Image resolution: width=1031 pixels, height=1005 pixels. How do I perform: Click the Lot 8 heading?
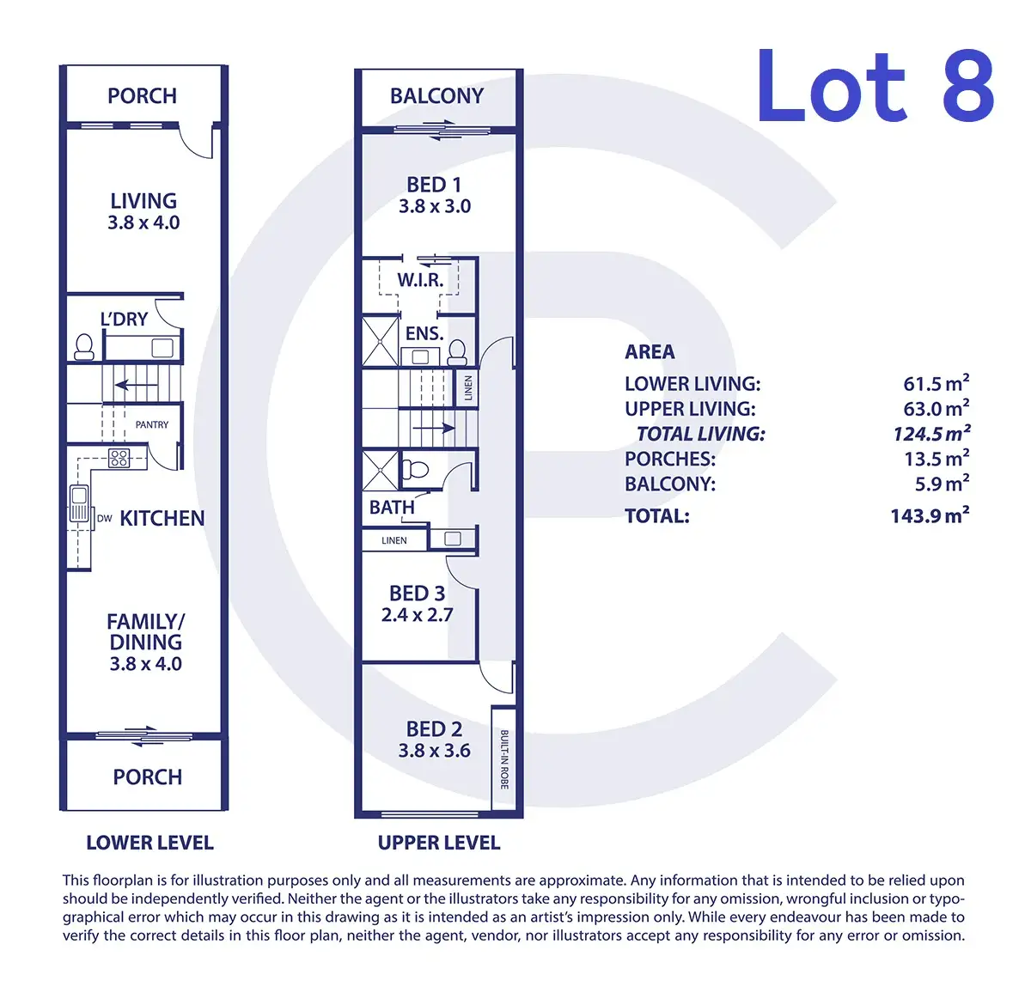[x=875, y=87]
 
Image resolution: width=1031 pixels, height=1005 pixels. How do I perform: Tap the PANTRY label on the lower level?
[x=151, y=424]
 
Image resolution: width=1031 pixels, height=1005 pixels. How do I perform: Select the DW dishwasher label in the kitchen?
[x=104, y=518]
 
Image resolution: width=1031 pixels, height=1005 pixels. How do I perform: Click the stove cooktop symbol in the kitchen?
[x=119, y=458]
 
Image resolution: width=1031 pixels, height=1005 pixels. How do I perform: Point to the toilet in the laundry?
[x=84, y=347]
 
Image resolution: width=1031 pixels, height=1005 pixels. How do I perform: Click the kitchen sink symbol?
[x=79, y=504]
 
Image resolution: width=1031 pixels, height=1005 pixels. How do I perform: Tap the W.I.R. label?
[x=420, y=280]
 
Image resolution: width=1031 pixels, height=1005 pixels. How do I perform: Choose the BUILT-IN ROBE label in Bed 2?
[x=503, y=759]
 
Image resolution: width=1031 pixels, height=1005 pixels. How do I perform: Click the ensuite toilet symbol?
[x=457, y=352]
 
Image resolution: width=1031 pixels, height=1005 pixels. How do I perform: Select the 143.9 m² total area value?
[x=930, y=515]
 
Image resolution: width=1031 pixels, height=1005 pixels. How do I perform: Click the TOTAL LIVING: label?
[x=700, y=434]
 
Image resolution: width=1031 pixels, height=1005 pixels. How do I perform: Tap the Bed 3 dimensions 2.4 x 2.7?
[x=417, y=614]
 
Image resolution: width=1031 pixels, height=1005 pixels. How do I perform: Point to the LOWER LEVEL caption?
[x=150, y=843]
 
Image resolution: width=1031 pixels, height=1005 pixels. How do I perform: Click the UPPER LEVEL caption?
[x=439, y=843]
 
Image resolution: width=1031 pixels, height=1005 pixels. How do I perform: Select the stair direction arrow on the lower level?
[x=136, y=385]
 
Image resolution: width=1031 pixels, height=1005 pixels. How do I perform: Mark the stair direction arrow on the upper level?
[x=434, y=428]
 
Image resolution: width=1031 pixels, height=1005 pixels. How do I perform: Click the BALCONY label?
[x=437, y=96]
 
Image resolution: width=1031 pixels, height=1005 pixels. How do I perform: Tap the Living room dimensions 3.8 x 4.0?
[x=143, y=222]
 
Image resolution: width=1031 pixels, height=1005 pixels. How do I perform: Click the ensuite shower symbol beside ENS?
[x=380, y=341]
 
